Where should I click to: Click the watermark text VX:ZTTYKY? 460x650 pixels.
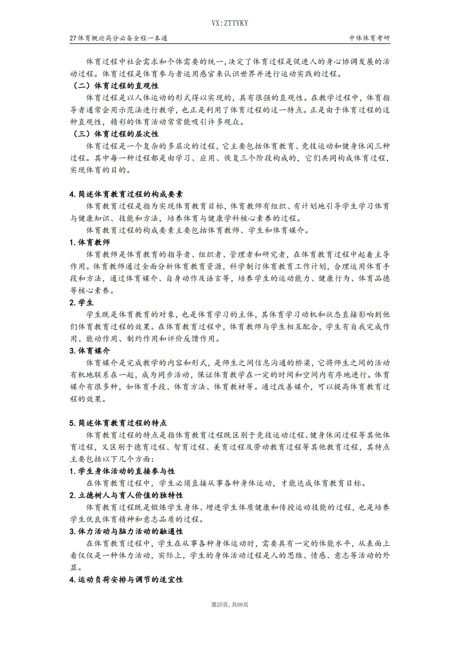pyautogui.click(x=230, y=23)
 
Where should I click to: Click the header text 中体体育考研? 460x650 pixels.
pyautogui.click(x=369, y=38)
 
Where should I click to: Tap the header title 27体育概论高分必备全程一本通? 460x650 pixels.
pyautogui.click(x=118, y=38)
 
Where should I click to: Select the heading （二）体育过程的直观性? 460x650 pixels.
pyautogui.click(x=114, y=86)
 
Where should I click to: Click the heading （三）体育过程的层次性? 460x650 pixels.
pyautogui.click(x=114, y=134)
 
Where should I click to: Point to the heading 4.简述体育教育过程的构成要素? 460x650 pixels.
pyautogui.click(x=126, y=194)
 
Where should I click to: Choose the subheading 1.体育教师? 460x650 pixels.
pyautogui.click(x=89, y=242)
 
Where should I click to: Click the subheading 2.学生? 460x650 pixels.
pyautogui.click(x=81, y=303)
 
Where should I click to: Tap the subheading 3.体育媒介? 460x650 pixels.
pyautogui.click(x=89, y=351)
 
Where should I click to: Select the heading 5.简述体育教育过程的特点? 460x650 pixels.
pyautogui.click(x=118, y=423)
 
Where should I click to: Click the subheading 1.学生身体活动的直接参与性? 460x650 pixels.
pyautogui.click(x=122, y=471)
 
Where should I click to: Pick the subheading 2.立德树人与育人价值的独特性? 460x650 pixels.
pyautogui.click(x=126, y=495)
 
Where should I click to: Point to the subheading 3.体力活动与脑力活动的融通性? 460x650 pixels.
pyautogui.click(x=126, y=532)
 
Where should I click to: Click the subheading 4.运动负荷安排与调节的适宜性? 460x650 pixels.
pyautogui.click(x=126, y=580)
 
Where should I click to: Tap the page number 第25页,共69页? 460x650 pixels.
pyautogui.click(x=230, y=604)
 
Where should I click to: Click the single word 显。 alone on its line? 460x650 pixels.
pyautogui.click(x=76, y=568)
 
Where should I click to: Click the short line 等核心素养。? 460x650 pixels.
pyautogui.click(x=92, y=291)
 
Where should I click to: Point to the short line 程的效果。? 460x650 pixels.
pyautogui.click(x=88, y=399)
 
